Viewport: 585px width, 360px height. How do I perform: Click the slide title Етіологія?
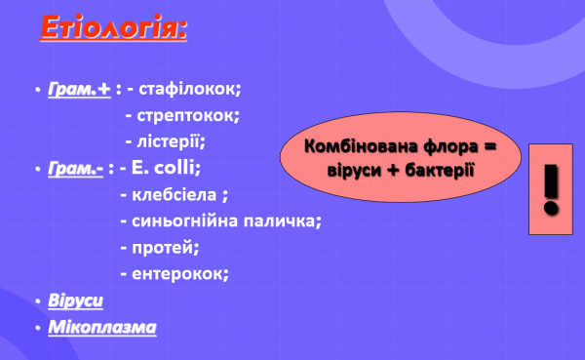point(112,27)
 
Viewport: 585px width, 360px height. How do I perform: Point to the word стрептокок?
point(188,115)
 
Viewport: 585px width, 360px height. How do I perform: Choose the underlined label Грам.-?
point(75,168)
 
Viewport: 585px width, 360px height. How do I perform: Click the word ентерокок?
point(179,273)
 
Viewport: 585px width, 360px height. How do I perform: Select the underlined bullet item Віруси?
point(75,300)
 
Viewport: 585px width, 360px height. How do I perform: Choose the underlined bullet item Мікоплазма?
point(101,326)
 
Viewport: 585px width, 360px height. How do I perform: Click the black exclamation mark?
point(552,189)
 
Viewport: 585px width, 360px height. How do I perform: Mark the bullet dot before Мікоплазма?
point(36,327)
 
